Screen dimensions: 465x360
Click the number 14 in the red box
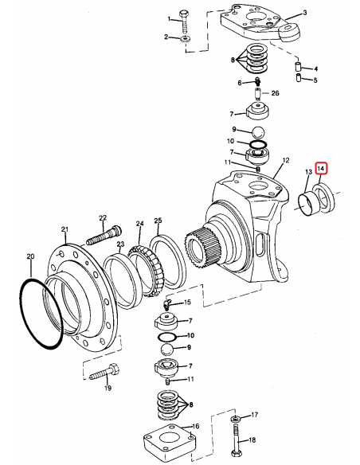click(321, 169)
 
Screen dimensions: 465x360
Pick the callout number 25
click(158, 220)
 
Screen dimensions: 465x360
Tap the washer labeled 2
click(184, 37)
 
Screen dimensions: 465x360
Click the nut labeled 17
click(237, 418)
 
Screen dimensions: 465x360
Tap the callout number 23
click(120, 245)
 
